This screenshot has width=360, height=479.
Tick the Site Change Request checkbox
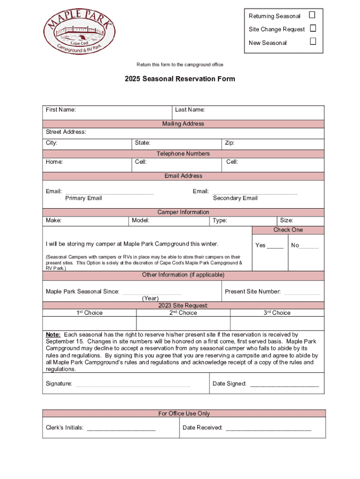[313, 29]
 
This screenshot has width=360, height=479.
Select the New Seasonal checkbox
[313, 42]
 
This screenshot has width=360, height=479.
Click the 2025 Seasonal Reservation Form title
[180, 79]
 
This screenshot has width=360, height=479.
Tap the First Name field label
[61, 110]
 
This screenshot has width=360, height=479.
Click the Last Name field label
[190, 110]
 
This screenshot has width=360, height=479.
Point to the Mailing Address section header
[183, 124]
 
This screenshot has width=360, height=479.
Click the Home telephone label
[54, 162]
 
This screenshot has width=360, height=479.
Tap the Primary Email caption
[83, 198]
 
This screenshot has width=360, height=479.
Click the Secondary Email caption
[235, 198]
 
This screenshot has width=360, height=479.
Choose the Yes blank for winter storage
[275, 246]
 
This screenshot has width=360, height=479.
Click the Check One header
[288, 230]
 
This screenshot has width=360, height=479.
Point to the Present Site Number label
[252, 291]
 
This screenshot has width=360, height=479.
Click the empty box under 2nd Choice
[183, 324]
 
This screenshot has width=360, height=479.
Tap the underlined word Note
[53, 335]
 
